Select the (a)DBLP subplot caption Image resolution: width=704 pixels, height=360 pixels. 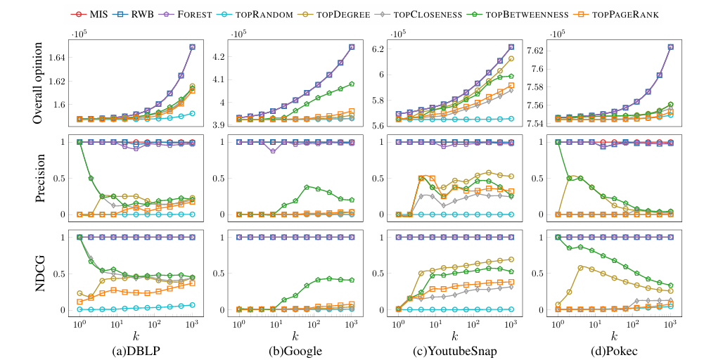coord(134,349)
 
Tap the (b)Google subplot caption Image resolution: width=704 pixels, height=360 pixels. coord(293,349)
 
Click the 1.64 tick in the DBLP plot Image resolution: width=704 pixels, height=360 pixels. coord(58,57)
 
